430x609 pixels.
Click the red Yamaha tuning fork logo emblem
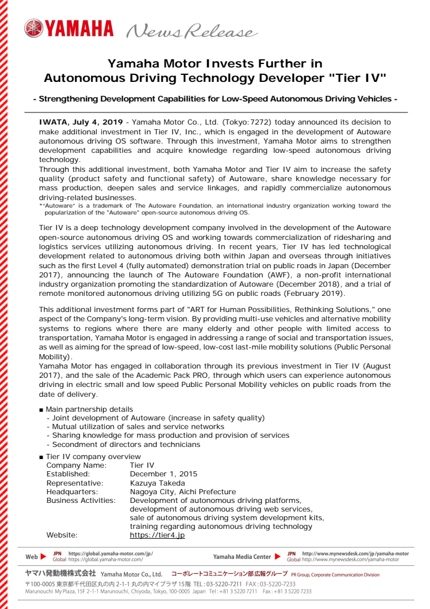[33, 27]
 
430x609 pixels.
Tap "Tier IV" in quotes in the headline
[360, 77]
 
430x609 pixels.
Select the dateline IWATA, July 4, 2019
[81, 122]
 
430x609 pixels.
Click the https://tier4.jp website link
[157, 535]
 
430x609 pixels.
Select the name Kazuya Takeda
[157, 483]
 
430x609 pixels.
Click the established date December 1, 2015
[163, 474]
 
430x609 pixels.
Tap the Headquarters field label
[71, 491]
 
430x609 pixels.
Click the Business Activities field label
[81, 501]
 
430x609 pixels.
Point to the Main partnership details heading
[89, 409]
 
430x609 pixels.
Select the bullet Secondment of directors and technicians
[126, 444]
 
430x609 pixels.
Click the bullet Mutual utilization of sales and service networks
[138, 426]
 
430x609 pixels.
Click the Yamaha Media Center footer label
[242, 557]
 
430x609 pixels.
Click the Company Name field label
[76, 465]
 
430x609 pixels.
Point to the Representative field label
[75, 483]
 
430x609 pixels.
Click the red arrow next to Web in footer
[44, 557]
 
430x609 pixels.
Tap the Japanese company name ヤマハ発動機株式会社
[61, 574]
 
